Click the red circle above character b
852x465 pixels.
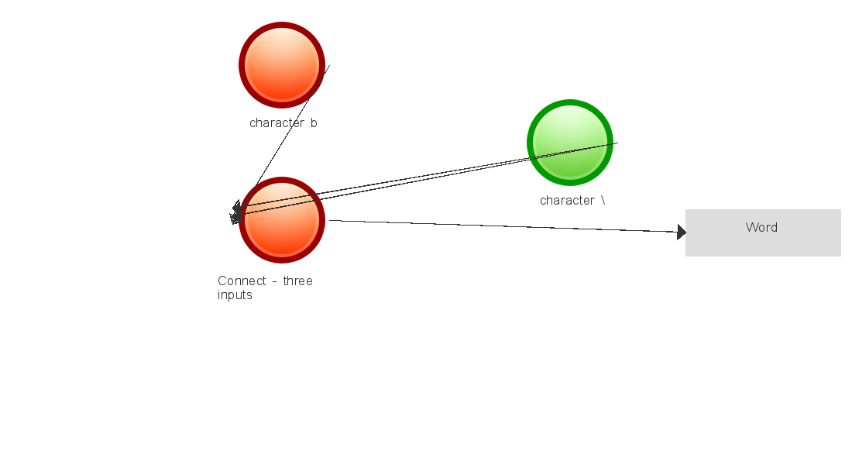[282, 65]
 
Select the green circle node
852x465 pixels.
[570, 143]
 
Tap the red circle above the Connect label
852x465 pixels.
[282, 220]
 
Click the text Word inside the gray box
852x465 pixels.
[761, 227]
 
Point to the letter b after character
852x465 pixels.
[314, 123]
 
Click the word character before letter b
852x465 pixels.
[277, 123]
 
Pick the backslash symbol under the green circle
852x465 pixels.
[603, 200]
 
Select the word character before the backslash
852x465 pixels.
[567, 201]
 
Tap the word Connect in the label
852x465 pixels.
[242, 281]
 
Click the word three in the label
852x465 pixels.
[297, 281]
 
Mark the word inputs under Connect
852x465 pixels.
[235, 295]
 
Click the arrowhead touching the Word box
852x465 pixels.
[682, 232]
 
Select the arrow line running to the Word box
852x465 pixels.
[503, 226]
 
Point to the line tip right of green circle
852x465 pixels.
[617, 143]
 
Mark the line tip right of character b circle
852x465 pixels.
[328, 67]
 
